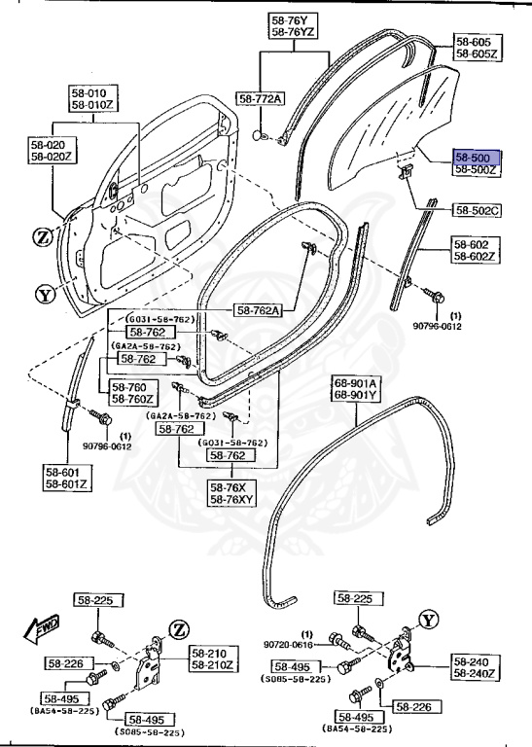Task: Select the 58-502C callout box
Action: click(477, 209)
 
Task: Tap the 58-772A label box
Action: click(261, 99)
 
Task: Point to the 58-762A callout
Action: click(258, 310)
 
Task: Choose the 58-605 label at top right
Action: click(477, 49)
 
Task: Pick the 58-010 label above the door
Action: click(90, 97)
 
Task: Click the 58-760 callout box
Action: click(128, 392)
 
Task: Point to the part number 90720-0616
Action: click(290, 643)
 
